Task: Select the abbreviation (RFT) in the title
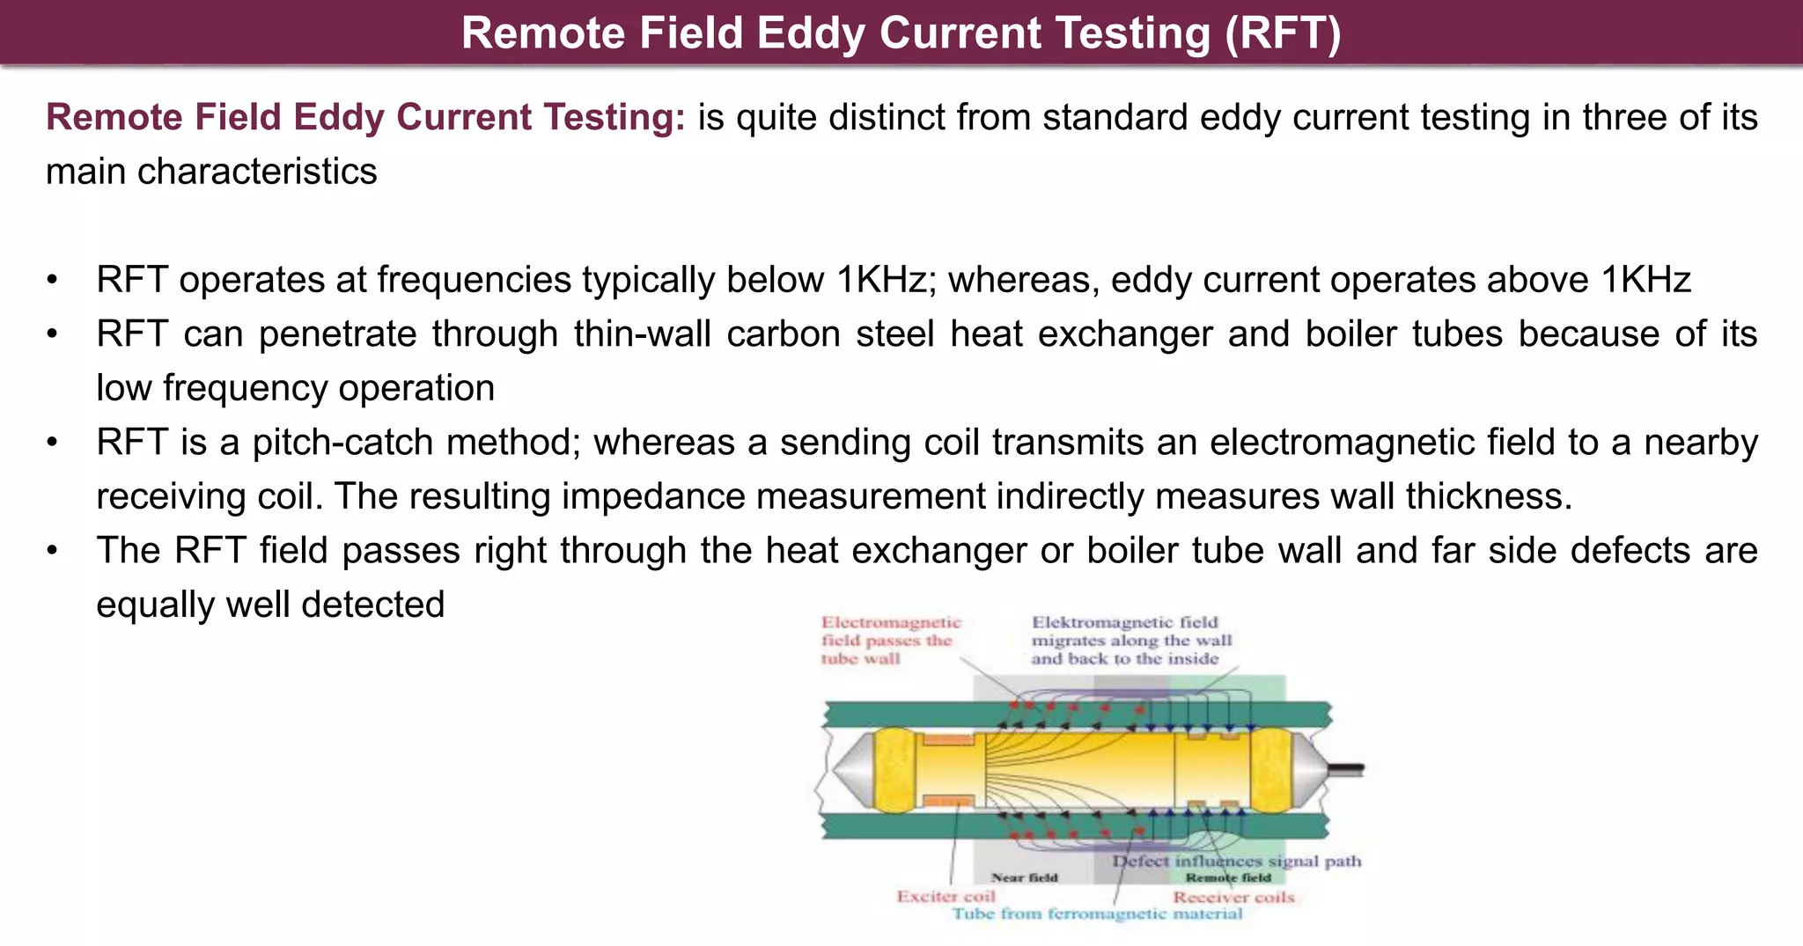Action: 1284,33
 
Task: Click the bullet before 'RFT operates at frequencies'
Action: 53,281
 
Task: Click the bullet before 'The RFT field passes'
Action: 53,552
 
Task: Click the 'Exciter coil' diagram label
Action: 946,897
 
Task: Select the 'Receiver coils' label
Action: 1233,898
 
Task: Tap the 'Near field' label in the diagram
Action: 1024,877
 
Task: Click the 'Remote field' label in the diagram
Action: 1228,877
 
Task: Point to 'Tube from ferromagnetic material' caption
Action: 1097,914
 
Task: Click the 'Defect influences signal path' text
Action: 1236,861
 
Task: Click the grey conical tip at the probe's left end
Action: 850,769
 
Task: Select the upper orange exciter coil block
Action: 948,739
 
